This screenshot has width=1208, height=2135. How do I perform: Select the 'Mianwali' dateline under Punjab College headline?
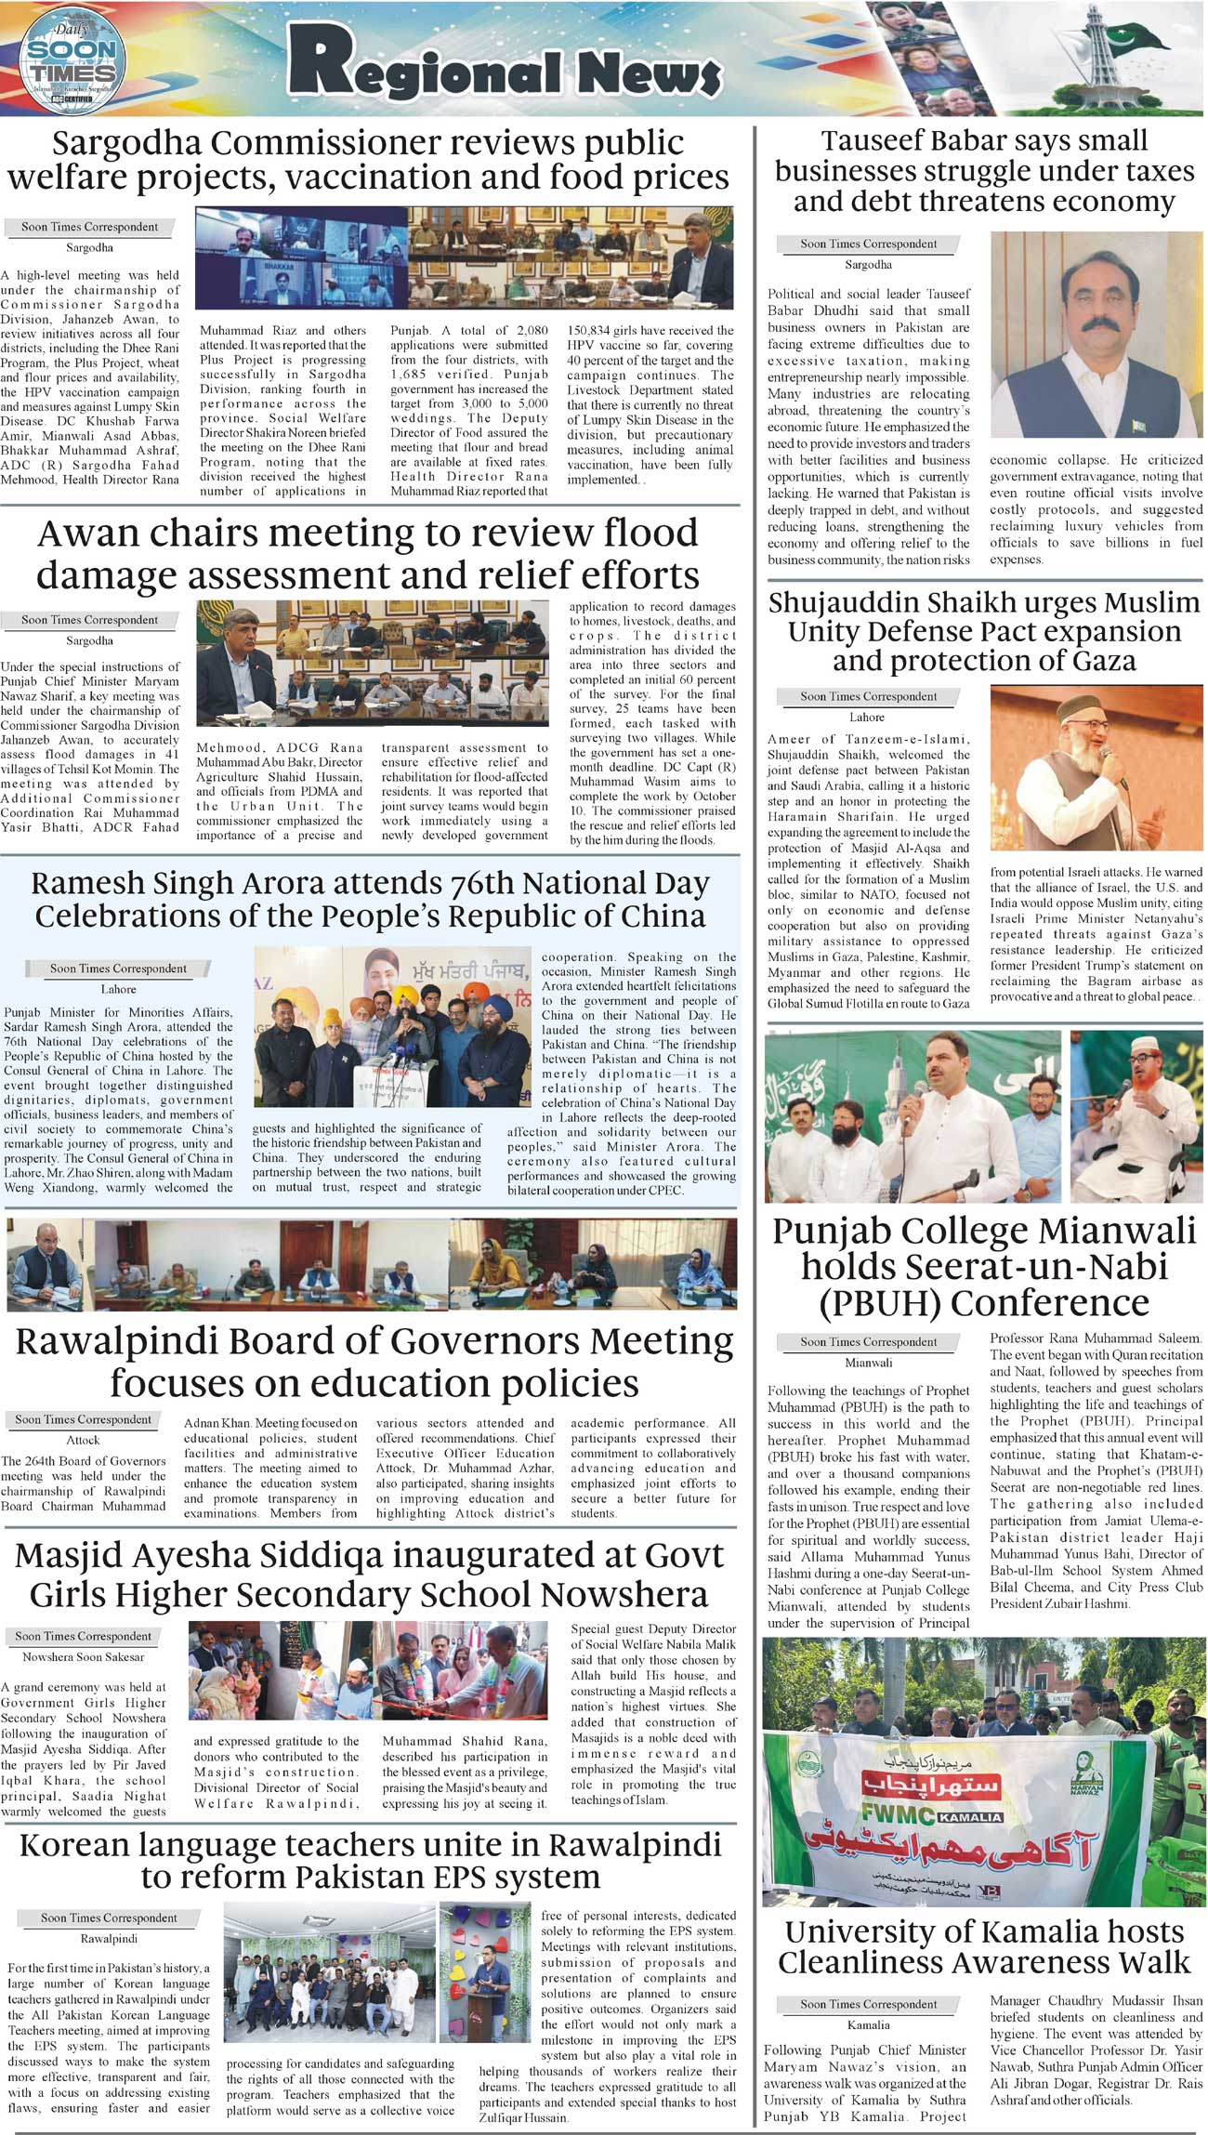tap(868, 1363)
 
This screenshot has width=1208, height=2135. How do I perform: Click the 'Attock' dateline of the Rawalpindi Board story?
tap(83, 1439)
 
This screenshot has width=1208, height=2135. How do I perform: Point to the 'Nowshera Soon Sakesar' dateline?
tap(83, 1657)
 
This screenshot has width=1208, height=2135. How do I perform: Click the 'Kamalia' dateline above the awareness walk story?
tap(868, 2024)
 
